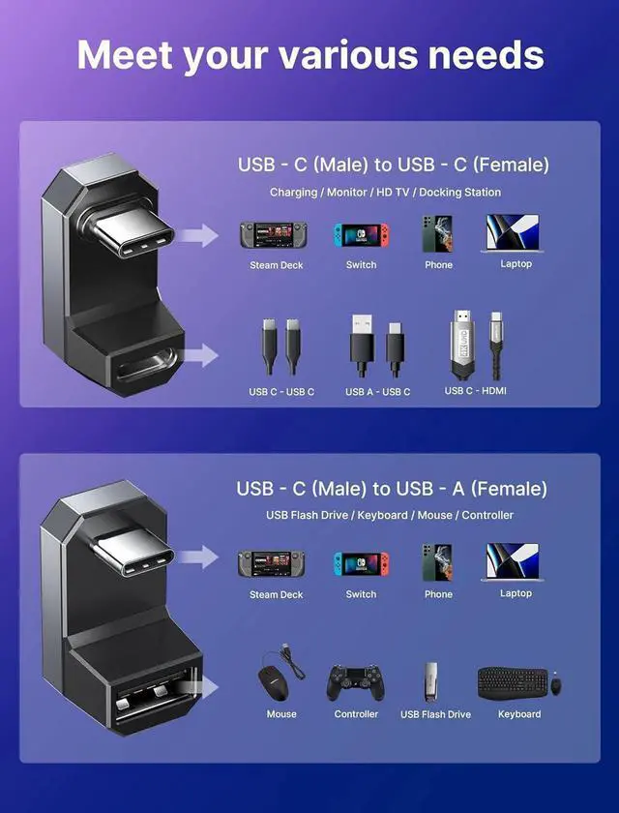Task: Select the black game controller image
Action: pos(355,682)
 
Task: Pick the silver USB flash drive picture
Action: pos(433,681)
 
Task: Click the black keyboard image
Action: pos(513,682)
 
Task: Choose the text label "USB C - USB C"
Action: pos(281,392)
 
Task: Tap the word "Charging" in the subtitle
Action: pos(293,193)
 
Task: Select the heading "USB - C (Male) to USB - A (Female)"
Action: pos(392,488)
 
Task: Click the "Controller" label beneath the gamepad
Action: pos(356,714)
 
